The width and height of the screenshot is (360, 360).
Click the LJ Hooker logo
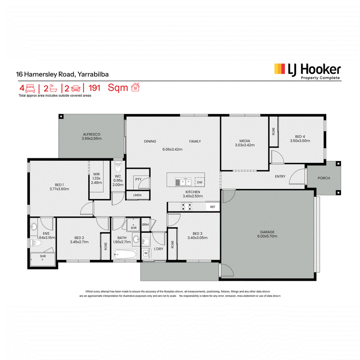click(308, 72)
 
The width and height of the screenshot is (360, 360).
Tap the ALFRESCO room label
click(92, 134)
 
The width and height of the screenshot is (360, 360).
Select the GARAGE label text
click(267, 232)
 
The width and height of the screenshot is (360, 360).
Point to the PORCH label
click(324, 178)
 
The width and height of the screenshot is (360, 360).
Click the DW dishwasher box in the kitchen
click(200, 182)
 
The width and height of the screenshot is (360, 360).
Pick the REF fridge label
click(212, 207)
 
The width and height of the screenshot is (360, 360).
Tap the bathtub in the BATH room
click(126, 254)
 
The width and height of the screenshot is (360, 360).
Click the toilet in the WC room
click(118, 166)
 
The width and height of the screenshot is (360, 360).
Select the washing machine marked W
click(146, 253)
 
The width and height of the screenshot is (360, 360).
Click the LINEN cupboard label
click(137, 195)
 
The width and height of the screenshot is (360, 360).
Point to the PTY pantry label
click(138, 179)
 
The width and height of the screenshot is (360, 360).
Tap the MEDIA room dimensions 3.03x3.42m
click(245, 145)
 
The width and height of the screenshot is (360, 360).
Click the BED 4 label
click(300, 137)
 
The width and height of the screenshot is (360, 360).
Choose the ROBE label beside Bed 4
click(274, 131)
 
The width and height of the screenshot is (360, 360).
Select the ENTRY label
click(280, 176)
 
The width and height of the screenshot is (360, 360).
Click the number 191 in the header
click(94, 88)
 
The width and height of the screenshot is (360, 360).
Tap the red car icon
click(76, 88)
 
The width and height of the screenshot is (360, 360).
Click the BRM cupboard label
click(145, 225)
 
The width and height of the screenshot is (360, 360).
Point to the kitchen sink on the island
click(183, 182)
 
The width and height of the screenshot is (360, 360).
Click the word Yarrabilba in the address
click(93, 74)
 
